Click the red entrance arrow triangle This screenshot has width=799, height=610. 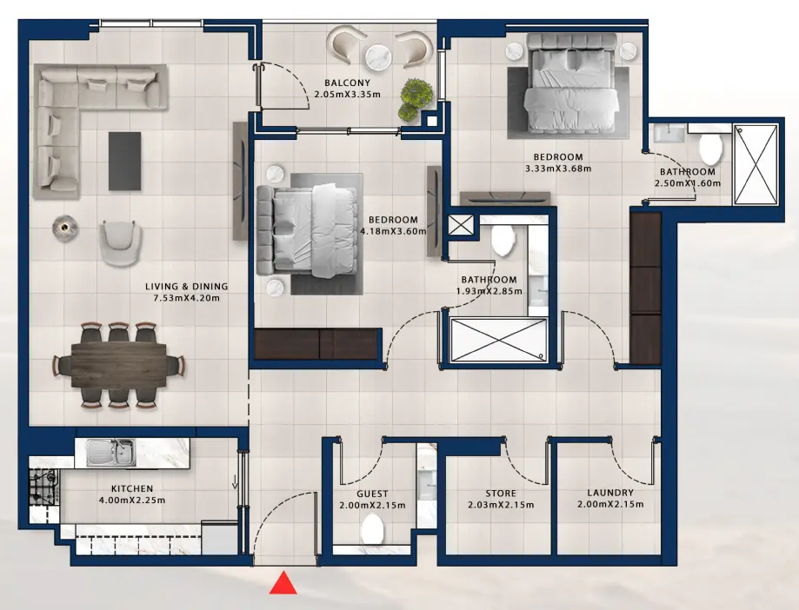[283, 583]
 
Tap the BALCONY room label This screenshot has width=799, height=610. [347, 83]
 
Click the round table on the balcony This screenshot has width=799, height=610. [379, 58]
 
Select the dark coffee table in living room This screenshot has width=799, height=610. [123, 160]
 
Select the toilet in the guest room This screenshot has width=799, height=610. [373, 527]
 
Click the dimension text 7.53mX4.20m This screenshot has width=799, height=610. [187, 298]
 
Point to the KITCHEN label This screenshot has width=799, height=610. [132, 489]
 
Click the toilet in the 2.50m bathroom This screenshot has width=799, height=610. [710, 149]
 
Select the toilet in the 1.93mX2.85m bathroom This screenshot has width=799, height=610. [503, 240]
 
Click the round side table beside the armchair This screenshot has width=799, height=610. [63, 227]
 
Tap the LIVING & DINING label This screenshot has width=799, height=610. [187, 287]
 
